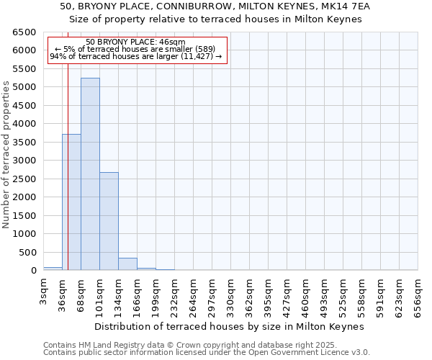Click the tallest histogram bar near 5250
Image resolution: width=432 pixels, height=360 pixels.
click(x=90, y=174)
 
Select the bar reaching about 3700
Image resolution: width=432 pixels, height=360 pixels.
click(x=71, y=202)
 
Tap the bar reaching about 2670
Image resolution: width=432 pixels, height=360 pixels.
click(x=109, y=221)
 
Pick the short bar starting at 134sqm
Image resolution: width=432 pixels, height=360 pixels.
click(x=127, y=264)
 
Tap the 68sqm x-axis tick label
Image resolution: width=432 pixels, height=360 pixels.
click(x=81, y=292)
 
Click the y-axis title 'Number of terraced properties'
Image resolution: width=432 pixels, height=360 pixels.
click(x=6, y=155)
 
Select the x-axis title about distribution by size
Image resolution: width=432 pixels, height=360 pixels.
click(x=230, y=326)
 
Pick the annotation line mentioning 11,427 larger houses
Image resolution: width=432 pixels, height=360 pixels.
click(x=135, y=56)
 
